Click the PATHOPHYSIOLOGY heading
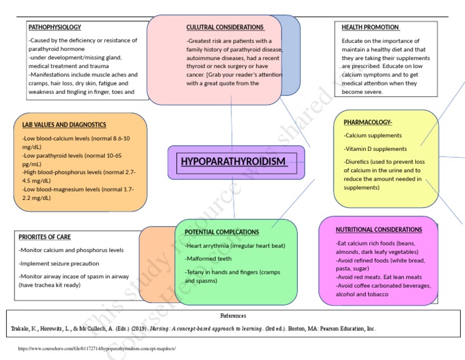coord(54,27)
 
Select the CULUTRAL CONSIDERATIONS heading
coord(225,27)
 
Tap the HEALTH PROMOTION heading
coord(370,27)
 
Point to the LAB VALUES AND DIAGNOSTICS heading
coord(64,125)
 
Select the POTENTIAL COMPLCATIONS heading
coord(222,232)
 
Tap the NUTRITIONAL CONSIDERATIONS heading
coord(379,230)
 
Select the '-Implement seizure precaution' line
coord(59,264)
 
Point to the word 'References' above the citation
coord(232,316)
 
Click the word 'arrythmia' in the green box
coord(219,245)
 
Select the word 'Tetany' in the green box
coord(199,272)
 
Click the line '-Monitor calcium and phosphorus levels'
coord(71,250)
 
